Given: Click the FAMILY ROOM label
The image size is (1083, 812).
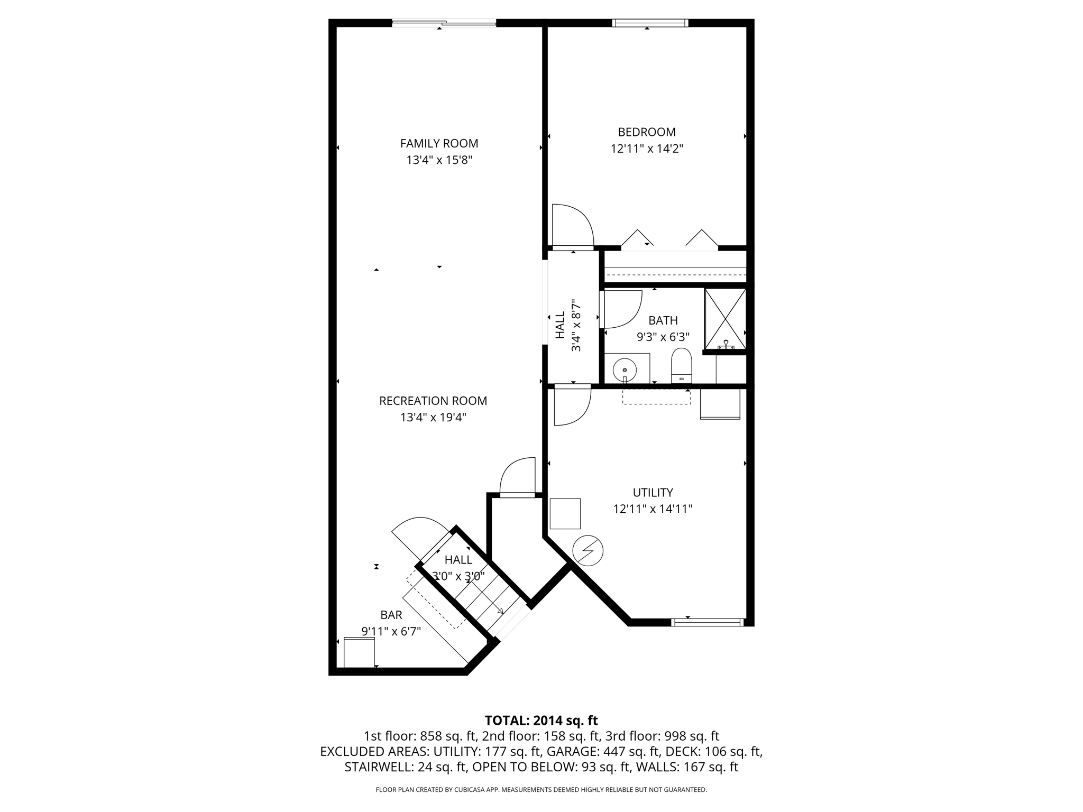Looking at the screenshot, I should pos(439,143).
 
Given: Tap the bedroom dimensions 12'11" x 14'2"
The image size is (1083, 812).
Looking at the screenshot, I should pos(647,149).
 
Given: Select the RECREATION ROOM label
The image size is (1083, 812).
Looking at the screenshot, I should pos(433,401).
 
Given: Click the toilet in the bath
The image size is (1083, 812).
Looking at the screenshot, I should pos(681,365).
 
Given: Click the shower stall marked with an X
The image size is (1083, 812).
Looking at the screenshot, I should pos(725,319).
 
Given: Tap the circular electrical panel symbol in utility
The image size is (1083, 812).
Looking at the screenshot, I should pos(588,551).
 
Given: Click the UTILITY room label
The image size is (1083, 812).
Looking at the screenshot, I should pos(653,493).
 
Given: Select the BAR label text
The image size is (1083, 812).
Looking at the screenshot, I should pos(391,615).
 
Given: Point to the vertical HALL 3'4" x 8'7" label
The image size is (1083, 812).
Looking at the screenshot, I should pos(567,326).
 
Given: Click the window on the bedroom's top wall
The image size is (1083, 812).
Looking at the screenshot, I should pos(650,23).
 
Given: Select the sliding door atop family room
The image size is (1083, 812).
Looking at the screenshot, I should pos(444,23).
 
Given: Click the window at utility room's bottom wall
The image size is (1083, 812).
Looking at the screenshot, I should pos(707,622).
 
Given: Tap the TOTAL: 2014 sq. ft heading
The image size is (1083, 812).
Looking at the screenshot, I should pos(541,721).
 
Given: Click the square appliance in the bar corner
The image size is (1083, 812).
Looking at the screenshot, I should pos(359,653).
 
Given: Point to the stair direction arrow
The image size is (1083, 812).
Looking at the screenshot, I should pos(499,611).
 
